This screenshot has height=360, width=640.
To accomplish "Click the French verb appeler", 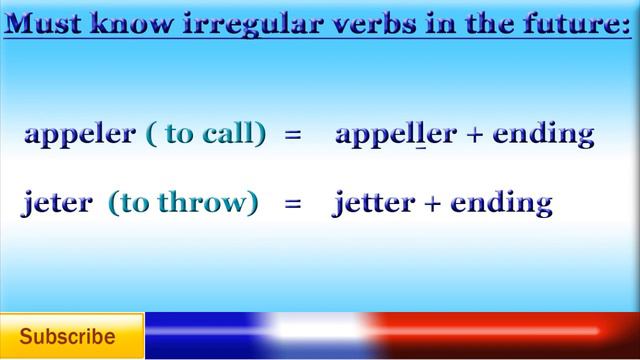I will [80, 135].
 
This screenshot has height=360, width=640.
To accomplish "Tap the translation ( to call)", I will [207, 134].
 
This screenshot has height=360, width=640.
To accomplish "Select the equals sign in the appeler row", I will [293, 135].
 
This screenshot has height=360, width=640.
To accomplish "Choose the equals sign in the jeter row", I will [293, 204].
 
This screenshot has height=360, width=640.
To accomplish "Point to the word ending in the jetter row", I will [501, 203].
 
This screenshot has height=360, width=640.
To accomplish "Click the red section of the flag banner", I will [500, 334].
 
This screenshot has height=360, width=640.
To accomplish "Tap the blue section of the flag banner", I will [200, 334].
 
